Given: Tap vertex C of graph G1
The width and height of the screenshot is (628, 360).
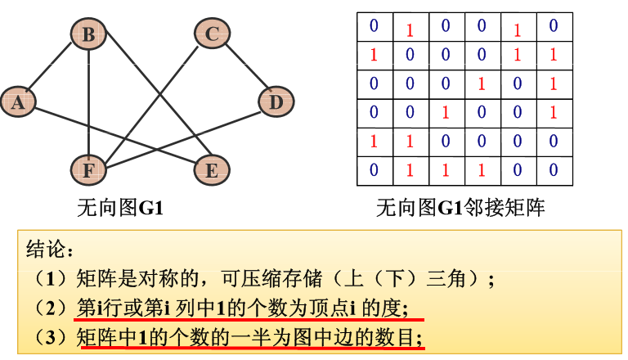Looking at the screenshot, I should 211,34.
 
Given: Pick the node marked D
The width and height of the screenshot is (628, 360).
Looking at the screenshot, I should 276,101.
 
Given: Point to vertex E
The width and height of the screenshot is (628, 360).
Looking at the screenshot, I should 211,169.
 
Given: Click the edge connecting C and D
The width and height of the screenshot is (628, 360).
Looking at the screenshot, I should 243,67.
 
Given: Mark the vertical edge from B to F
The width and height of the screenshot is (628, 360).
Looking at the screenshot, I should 87,101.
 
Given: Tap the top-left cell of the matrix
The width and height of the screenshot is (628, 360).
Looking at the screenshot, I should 374,27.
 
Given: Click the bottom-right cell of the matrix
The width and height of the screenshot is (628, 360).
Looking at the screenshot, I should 554,170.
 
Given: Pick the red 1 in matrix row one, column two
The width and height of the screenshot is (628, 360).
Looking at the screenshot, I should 410,29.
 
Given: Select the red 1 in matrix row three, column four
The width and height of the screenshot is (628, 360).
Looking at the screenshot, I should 482,83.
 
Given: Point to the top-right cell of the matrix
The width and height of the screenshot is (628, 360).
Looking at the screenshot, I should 554,27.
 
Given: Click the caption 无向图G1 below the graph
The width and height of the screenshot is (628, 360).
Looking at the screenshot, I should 120,208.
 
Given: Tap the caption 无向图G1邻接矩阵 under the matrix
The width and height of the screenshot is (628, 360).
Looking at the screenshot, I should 460,208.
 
